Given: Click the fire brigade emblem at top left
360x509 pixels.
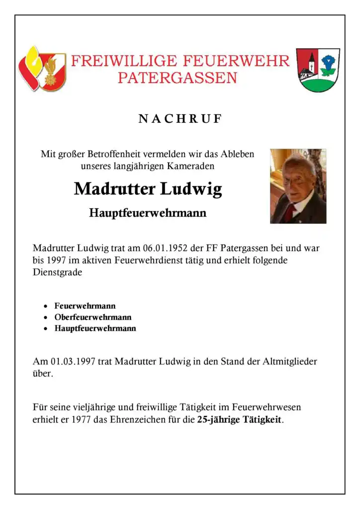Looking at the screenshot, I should (x=42, y=68).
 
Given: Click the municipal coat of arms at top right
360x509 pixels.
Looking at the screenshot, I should (x=318, y=70).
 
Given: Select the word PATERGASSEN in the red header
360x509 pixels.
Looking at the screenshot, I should (x=177, y=78).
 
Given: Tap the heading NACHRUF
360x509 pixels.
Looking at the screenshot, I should (x=180, y=119).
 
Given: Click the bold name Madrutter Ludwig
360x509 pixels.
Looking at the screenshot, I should (x=148, y=189).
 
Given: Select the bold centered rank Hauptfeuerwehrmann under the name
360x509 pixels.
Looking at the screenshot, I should (x=148, y=214).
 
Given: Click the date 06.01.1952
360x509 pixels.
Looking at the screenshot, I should (x=167, y=249).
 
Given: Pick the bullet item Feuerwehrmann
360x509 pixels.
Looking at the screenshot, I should (x=85, y=306).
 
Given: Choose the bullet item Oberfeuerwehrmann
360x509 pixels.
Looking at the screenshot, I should (x=93, y=317).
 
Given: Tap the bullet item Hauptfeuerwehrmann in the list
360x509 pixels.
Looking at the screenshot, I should (x=95, y=328).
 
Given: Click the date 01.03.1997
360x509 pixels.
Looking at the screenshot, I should (x=73, y=361).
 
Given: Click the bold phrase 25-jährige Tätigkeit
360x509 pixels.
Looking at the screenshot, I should (x=239, y=420).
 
